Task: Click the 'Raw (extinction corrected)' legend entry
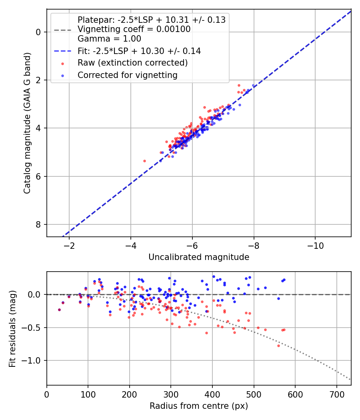click(x=132, y=63)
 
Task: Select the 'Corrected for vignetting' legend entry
click(x=128, y=75)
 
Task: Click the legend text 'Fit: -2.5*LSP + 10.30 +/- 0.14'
click(x=139, y=51)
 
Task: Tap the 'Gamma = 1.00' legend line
click(x=109, y=39)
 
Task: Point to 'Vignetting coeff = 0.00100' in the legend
click(x=134, y=29)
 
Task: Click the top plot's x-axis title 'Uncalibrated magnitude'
click(x=199, y=257)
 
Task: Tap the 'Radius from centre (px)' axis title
click(x=199, y=406)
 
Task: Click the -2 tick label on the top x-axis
click(x=69, y=245)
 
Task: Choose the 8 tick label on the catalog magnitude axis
click(x=39, y=224)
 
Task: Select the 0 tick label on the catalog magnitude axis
click(x=39, y=32)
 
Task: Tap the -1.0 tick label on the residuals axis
click(x=33, y=361)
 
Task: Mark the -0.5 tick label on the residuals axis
click(x=33, y=328)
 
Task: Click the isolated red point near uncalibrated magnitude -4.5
click(x=144, y=161)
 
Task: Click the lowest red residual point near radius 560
click(x=278, y=346)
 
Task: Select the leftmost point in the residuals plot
click(x=59, y=310)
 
